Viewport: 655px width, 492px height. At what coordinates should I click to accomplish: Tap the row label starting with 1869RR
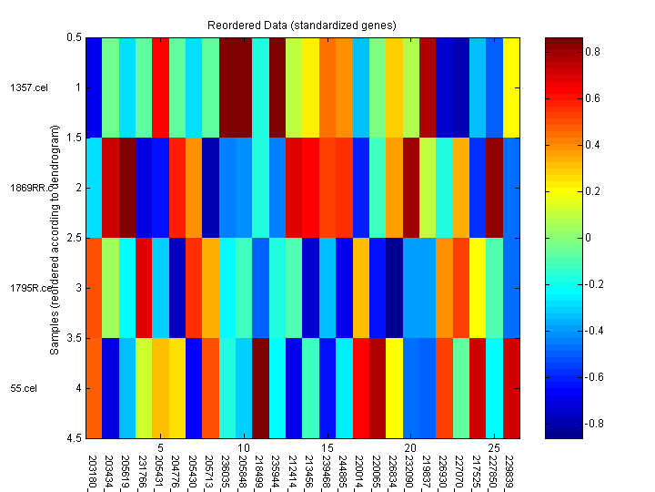tap(24, 188)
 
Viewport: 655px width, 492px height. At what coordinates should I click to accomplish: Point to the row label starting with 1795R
tap(24, 288)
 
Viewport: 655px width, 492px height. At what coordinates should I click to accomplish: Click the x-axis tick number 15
tap(327, 447)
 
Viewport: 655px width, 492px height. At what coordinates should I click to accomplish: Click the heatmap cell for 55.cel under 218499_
tap(260, 388)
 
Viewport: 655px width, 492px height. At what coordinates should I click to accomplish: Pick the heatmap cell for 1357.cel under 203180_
tap(93, 87)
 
